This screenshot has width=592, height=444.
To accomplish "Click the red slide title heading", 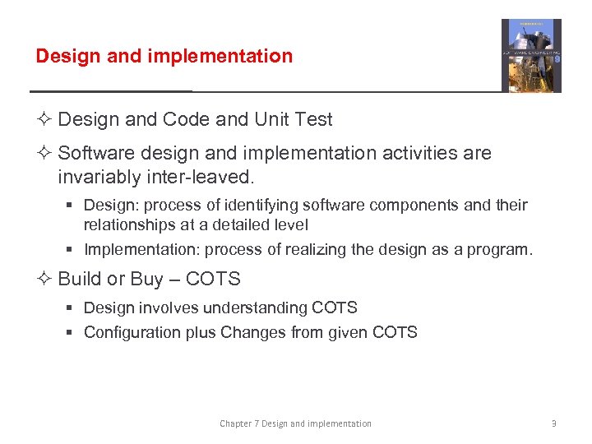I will point(164,56).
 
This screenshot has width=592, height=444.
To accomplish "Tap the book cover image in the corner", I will point(531,56).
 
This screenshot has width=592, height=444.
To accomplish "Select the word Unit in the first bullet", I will point(271,119).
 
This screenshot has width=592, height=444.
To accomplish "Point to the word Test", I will point(313,119).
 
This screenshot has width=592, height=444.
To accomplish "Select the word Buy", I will point(147,280).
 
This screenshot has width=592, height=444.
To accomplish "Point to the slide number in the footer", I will point(554,423).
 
